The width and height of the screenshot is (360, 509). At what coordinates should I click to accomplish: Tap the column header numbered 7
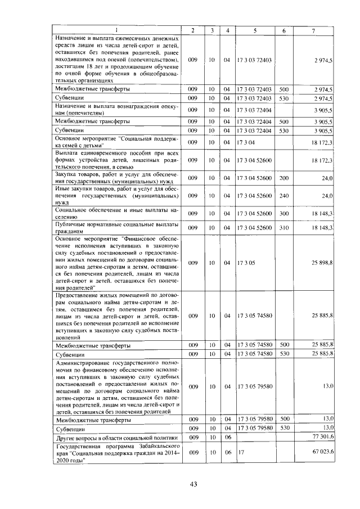pos(313,30)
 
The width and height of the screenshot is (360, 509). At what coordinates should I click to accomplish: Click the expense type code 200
pos(283,178)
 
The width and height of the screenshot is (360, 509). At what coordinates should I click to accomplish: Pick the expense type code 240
pos(283,195)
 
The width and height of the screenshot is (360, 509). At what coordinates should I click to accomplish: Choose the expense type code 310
pos(283,227)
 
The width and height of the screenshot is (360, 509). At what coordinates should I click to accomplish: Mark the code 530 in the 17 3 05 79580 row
pos(283,428)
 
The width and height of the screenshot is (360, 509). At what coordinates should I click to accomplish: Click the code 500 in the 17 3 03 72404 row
pos(283,121)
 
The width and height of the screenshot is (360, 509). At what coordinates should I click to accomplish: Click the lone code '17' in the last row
pos(241,452)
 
